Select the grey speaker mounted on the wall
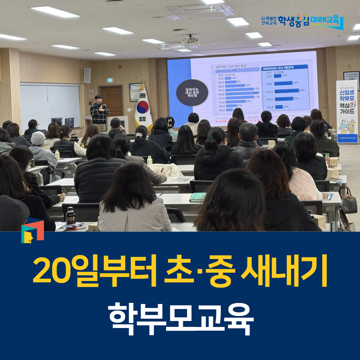[87, 75]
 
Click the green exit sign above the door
[109, 80]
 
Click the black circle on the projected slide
[192, 92]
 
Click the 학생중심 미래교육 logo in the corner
[302, 22]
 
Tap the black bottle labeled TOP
[70, 216]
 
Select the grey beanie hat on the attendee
[38, 138]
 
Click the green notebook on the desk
[197, 197]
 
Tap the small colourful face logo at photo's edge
[32, 230]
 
